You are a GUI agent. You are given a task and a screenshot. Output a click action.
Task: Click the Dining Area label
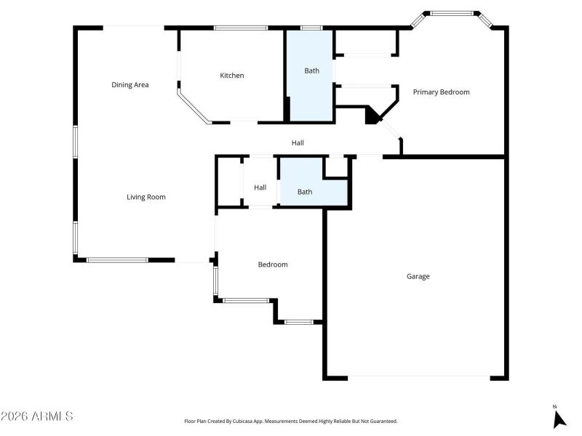130,85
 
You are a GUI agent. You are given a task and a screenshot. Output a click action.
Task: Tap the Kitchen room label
232,76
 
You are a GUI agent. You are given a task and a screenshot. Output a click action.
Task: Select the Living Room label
146,197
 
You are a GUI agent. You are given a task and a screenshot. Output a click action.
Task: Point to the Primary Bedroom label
441,92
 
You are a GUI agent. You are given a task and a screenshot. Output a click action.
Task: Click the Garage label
418,276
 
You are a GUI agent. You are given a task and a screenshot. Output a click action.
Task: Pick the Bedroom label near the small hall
273,265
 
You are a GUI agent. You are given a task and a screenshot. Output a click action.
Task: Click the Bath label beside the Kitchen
311,70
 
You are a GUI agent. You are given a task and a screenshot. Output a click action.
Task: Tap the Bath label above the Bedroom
305,192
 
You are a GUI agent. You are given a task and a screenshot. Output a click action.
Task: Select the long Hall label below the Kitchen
298,143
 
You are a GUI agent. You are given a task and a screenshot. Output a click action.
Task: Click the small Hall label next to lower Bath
260,187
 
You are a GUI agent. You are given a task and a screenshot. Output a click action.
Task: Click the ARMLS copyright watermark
36,416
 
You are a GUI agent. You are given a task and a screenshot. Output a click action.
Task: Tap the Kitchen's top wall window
240,28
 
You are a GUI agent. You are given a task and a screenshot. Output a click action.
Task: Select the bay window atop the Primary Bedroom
452,13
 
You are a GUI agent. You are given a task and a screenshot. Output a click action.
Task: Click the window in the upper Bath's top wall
311,28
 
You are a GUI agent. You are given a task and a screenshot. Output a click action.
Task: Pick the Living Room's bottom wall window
117,259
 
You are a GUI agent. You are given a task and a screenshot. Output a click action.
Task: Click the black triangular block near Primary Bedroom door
372,115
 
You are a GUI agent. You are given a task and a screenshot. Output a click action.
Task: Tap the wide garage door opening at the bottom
418,376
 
